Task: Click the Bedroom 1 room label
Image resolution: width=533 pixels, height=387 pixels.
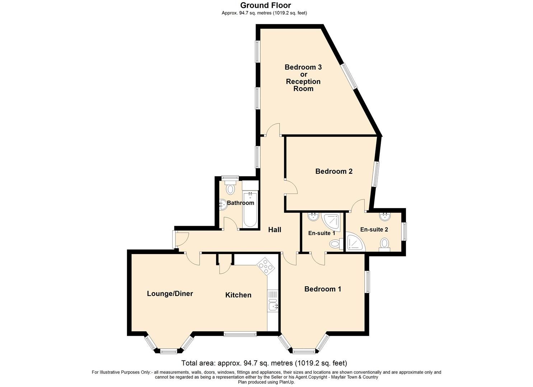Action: [322, 289]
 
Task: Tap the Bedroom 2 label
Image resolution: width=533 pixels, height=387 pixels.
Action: [334, 171]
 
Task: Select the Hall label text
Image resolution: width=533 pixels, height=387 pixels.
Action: [275, 230]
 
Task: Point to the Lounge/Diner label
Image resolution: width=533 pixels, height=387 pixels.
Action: [170, 294]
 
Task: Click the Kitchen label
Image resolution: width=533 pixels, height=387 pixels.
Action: [238, 295]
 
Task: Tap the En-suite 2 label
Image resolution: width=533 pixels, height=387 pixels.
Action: [374, 230]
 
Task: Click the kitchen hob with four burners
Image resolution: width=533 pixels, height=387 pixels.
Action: [266, 266]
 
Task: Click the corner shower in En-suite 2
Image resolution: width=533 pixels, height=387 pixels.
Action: [355, 243]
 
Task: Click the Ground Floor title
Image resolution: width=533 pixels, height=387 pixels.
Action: [265, 5]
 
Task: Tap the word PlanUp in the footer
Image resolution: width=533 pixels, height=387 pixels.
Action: [286, 382]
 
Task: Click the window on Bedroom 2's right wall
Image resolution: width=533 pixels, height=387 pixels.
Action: [375, 174]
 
